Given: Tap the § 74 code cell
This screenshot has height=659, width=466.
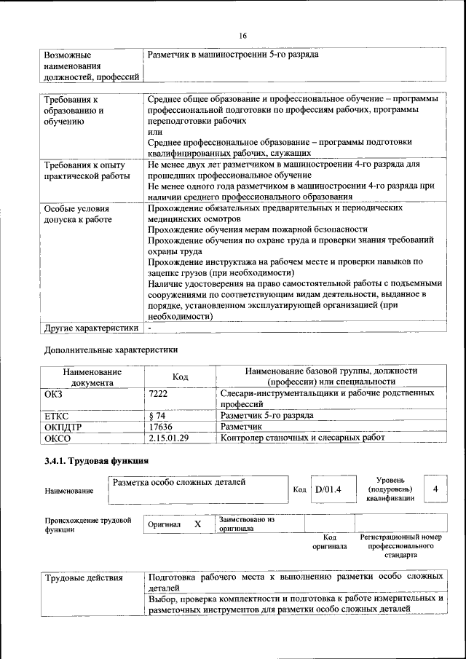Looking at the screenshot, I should (157, 415).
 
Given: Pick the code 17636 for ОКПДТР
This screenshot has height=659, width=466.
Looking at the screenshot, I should (160, 426).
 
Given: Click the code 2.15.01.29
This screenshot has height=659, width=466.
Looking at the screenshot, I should (168, 438).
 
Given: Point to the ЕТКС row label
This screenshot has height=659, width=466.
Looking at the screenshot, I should (57, 415).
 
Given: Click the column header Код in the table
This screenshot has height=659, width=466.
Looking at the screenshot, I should (180, 376).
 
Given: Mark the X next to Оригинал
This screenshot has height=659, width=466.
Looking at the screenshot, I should (197, 524).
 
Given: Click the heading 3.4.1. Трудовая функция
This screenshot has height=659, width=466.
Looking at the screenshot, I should (97, 461).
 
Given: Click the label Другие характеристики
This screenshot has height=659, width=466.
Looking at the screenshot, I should (91, 328).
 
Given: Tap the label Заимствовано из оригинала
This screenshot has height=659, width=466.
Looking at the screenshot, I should (246, 524).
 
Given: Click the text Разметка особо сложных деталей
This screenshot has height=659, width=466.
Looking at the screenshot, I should (179, 482).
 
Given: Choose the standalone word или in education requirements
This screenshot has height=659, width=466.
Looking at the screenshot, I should (154, 133).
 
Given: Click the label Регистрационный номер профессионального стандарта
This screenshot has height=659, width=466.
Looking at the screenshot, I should (400, 545).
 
